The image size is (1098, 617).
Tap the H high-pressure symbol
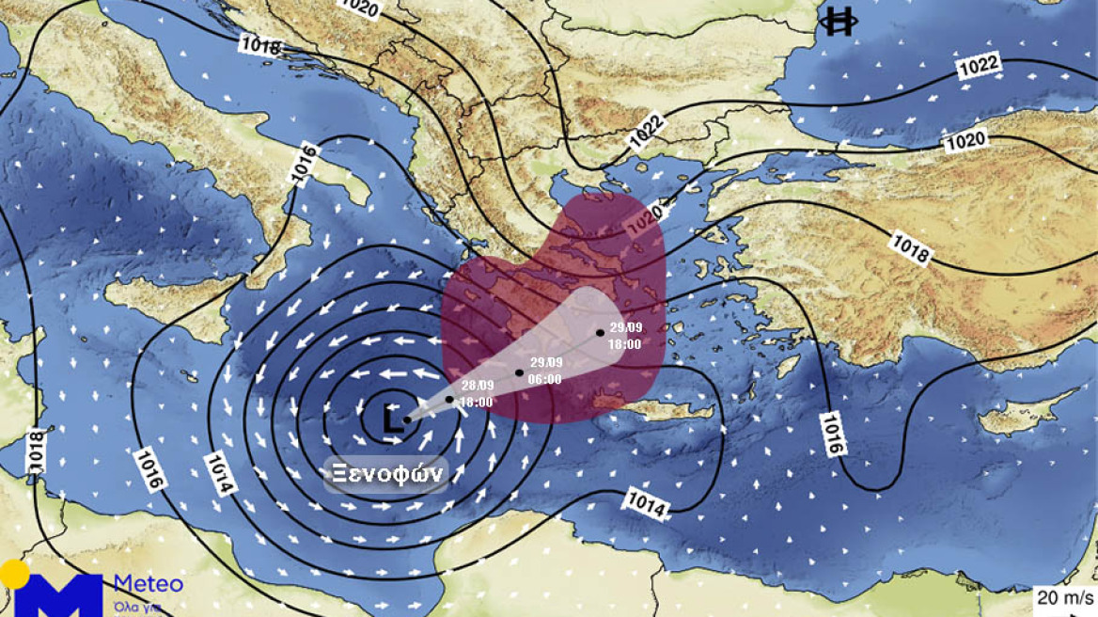[837, 22]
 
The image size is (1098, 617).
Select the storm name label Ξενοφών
[384, 474]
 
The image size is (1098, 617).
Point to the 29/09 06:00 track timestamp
[545, 371]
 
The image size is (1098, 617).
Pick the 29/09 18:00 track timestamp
[624, 336]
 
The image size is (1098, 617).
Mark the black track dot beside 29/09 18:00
[600, 332]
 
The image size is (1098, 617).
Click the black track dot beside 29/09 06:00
[519, 372]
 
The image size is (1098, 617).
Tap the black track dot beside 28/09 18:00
[449, 400]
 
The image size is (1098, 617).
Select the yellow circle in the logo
[14, 575]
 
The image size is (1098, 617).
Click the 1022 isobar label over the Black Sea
[979, 68]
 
